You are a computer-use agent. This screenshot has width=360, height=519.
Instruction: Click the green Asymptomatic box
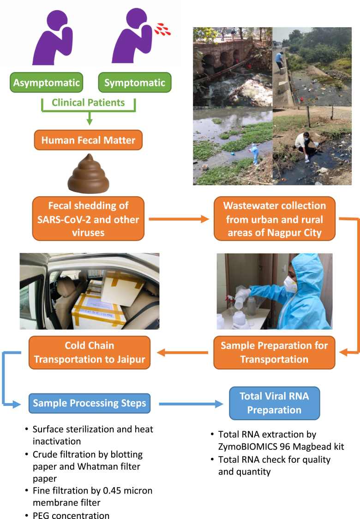click(47, 84)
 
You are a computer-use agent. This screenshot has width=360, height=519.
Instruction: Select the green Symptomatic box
click(134, 84)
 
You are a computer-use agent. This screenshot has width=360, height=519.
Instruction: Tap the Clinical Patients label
click(88, 103)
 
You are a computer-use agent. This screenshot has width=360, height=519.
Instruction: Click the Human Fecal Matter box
click(88, 139)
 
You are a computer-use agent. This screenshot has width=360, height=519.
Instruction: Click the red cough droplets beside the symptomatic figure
click(162, 29)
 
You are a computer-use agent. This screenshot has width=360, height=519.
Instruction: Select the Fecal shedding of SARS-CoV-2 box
click(88, 218)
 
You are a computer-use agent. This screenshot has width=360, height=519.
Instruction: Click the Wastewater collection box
click(275, 218)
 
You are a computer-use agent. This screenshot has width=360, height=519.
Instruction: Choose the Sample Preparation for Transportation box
click(274, 352)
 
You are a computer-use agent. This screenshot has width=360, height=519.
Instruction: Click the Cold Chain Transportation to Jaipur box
click(89, 352)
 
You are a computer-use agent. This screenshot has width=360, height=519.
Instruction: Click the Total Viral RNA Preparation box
click(274, 403)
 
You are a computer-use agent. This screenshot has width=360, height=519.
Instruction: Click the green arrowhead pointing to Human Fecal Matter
click(89, 122)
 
